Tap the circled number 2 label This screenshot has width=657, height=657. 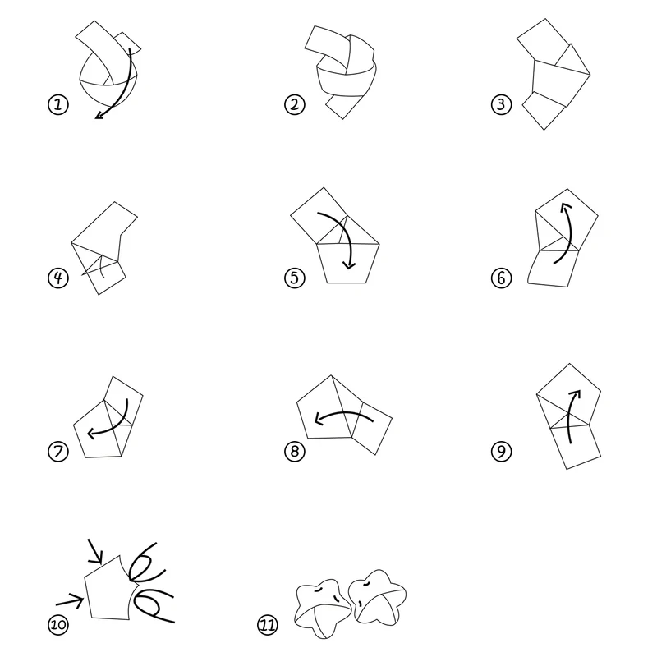294,105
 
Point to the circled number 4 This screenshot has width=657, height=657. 57,278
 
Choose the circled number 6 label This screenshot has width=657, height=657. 501,278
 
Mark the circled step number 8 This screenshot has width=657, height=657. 294,451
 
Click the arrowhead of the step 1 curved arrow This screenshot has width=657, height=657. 99,116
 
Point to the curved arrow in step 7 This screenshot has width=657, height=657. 111,419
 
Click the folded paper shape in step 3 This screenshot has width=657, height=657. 554,82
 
